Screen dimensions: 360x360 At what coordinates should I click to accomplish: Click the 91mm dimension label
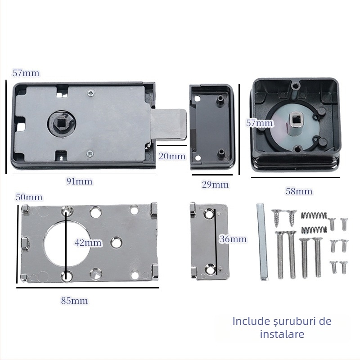79,181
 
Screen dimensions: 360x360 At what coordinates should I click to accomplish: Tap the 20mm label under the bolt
172,156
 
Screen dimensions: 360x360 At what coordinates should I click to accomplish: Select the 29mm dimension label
215,184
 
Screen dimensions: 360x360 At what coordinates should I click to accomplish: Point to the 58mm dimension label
299,191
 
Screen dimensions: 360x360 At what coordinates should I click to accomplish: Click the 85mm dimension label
75,301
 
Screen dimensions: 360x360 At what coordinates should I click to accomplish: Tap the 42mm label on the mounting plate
88,243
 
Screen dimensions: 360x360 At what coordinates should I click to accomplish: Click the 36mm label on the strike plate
233,239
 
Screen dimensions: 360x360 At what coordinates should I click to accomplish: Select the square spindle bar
262,241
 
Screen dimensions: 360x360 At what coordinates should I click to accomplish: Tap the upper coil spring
311,215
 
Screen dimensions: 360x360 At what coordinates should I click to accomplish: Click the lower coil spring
311,229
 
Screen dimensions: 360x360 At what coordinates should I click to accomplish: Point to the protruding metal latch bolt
171,125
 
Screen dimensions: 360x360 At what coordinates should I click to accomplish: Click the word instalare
282,334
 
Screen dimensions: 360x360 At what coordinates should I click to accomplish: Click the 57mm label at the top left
26,73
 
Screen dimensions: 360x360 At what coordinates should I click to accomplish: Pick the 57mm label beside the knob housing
259,122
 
